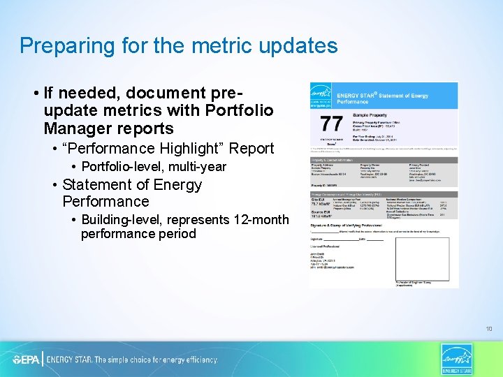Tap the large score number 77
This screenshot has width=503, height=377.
(x=331, y=124)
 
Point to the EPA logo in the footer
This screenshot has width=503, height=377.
(x=27, y=360)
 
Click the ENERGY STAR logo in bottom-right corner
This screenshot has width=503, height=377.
(x=457, y=359)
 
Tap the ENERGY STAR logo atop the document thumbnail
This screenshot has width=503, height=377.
(x=321, y=96)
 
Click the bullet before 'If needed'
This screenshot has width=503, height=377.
(x=35, y=93)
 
